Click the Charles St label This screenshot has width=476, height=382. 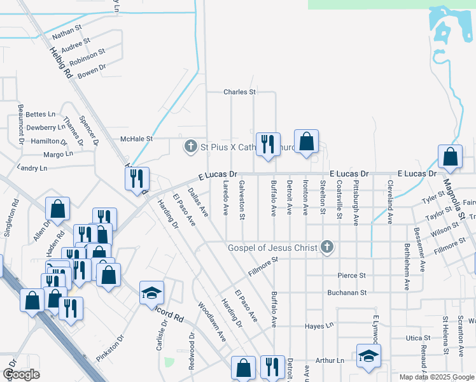239,92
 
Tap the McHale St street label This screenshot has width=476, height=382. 137,138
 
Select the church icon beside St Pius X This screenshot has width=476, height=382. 190,147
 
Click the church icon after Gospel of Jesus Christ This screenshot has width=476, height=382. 327,247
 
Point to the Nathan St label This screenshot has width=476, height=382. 67,32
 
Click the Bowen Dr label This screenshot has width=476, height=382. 91,71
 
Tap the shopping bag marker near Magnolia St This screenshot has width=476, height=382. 450,157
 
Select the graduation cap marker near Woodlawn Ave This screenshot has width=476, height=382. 151,293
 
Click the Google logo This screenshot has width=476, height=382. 21,375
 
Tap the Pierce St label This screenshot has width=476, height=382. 352,276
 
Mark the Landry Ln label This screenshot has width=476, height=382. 34,168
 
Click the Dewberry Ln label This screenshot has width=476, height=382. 46,127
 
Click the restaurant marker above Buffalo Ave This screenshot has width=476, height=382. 267,143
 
